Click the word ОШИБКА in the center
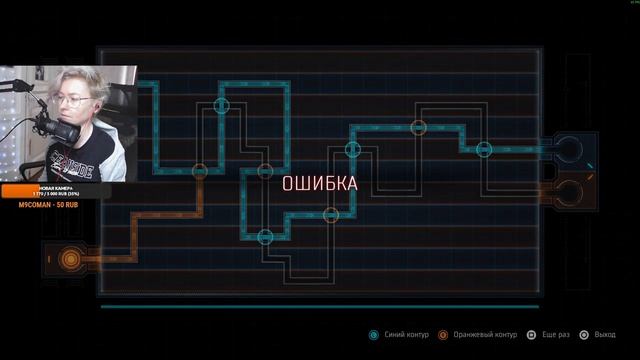319,183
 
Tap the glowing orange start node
69,260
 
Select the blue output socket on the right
569,149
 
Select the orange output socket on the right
569,191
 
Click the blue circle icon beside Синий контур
374,335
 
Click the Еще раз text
555,335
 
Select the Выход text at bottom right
604,335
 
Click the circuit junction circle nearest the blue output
484,149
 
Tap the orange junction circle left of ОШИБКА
199,171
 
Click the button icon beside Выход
584,335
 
